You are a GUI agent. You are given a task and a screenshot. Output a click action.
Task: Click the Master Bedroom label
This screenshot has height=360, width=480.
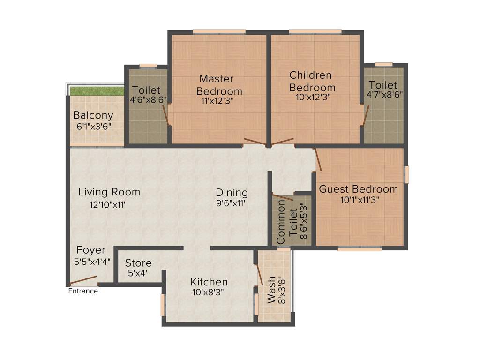(219, 85)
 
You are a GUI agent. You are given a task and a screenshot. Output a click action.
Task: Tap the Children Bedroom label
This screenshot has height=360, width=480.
(312, 81)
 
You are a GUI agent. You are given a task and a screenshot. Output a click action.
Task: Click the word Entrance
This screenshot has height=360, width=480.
(83, 291)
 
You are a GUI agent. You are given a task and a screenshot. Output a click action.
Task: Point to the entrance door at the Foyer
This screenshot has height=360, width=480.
(83, 281)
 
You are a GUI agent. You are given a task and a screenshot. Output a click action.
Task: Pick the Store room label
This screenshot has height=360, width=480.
(138, 263)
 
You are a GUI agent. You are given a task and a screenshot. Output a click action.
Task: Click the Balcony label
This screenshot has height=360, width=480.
(93, 115)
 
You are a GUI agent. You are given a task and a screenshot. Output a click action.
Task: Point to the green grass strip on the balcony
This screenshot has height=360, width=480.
(97, 90)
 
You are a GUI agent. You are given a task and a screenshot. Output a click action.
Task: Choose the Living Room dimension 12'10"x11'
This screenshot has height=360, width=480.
(108, 204)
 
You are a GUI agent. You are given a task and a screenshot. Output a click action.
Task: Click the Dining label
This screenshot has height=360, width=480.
(232, 193)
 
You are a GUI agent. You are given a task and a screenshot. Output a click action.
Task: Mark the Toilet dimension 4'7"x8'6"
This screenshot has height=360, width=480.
(384, 94)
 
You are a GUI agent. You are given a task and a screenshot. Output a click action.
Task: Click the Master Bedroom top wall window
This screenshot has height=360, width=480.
(219, 32)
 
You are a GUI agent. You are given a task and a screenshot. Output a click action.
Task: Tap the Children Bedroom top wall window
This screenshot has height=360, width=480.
(315, 32)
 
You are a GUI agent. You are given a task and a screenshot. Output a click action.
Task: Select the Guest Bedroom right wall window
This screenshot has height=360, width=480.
(407, 174)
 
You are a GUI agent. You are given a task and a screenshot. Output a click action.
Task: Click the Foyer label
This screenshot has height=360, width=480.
(91, 250)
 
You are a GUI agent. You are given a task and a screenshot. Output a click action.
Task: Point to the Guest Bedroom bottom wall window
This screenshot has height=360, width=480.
(360, 249)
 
